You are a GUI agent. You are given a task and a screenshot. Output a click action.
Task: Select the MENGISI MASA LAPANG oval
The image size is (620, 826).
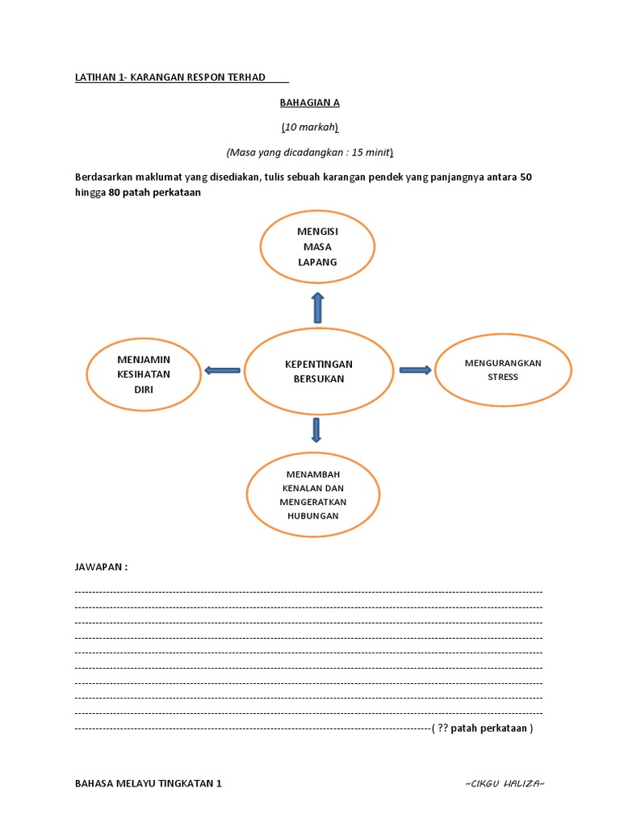[317, 246]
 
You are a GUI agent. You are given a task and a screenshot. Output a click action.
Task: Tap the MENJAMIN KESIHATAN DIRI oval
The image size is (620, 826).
[144, 373]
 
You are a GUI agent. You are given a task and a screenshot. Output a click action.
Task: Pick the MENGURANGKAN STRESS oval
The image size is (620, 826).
[503, 369]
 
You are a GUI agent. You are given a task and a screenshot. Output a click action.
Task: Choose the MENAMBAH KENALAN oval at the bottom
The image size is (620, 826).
[313, 494]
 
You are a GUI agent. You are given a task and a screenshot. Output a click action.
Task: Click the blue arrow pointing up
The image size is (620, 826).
[317, 307]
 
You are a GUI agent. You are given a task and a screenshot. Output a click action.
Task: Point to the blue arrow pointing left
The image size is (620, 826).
[222, 370]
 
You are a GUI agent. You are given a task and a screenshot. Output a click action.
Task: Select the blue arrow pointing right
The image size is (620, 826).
[415, 369]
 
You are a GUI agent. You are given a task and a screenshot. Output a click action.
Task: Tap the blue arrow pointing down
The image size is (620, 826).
[316, 430]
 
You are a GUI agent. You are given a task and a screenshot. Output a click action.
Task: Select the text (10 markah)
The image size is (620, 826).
[310, 127]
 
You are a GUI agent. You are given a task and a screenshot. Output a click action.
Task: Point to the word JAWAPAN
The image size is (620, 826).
[101, 567]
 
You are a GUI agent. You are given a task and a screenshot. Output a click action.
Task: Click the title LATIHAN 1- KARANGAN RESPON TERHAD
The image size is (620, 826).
[170, 77]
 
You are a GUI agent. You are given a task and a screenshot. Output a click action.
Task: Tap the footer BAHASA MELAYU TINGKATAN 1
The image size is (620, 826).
[148, 783]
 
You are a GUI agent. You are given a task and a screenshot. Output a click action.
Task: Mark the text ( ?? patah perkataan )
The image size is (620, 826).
[482, 728]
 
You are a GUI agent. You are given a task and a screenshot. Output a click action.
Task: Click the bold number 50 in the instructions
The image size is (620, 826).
[526, 177]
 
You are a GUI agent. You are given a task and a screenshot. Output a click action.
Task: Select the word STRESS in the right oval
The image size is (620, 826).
[503, 377]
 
